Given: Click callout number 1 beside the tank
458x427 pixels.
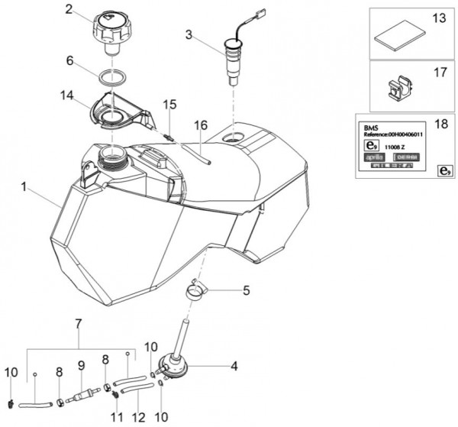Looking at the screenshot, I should [x=27, y=186].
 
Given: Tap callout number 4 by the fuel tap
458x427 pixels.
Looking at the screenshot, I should [x=234, y=367].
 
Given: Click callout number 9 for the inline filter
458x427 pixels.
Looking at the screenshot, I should [x=80, y=365].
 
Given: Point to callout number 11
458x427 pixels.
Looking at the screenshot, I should [x=116, y=418].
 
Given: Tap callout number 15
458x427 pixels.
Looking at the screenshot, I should [x=169, y=104].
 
